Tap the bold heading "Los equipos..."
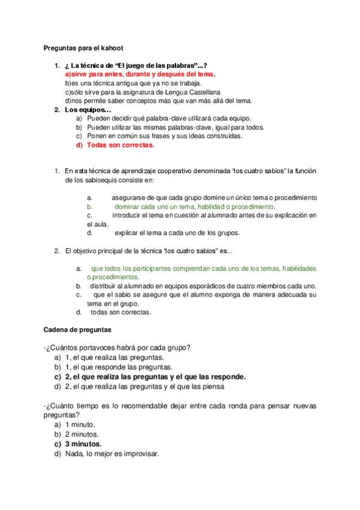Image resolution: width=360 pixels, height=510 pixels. coord(88,110)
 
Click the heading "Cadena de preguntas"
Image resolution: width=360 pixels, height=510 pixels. coord(77,330)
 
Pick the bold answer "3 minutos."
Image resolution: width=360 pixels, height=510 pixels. coord(84,444)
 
